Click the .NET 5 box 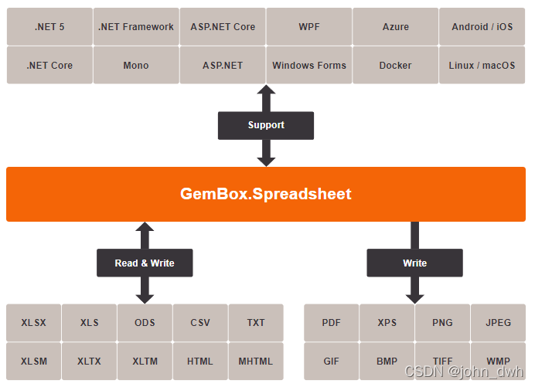coord(49,27)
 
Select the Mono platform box coord(136,66)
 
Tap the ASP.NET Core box coord(223,27)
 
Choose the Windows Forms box coord(309,66)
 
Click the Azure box coord(396,27)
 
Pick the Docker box coord(396,66)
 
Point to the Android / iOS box coord(482,27)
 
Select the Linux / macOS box coord(482,66)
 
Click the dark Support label coord(266,125)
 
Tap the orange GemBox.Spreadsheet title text coord(266,194)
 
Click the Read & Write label coord(145,263)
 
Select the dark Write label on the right coord(415,263)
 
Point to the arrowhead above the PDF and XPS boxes coord(415,297)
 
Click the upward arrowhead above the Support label coord(266,91)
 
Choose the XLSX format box coord(33,323)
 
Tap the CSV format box coord(200,323)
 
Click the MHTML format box coord(256,362)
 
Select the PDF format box coord(332,323)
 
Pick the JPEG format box coord(499,323)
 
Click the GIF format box coord(332,362)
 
